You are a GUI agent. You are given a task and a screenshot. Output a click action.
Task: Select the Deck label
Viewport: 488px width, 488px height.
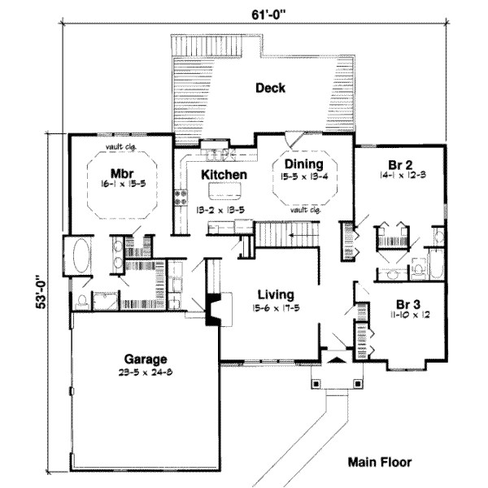tap(269, 88)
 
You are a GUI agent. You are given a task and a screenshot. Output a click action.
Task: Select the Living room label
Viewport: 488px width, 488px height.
tap(276, 294)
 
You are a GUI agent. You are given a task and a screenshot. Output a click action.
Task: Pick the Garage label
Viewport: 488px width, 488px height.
tap(146, 358)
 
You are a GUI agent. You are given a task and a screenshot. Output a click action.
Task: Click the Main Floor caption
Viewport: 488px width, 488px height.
tap(379, 462)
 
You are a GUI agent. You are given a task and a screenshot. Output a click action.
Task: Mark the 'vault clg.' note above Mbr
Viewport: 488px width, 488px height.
tap(120, 147)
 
